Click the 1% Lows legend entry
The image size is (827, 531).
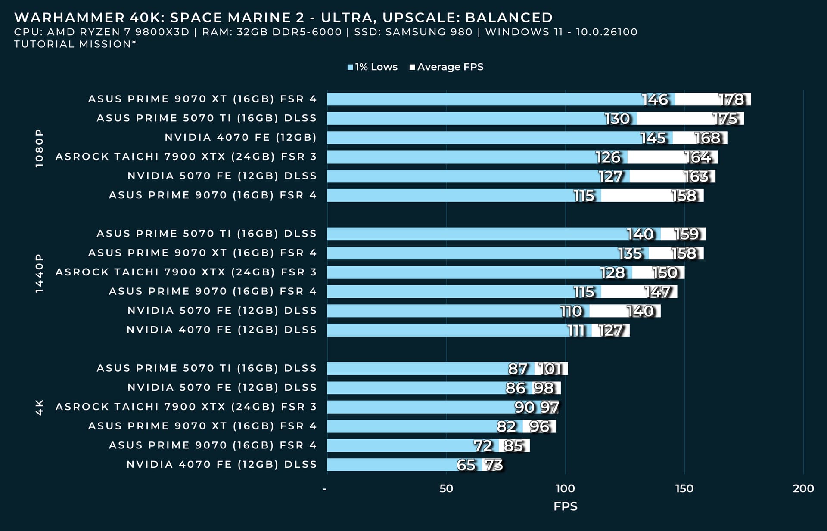click(x=373, y=67)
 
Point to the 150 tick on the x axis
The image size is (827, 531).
click(x=684, y=488)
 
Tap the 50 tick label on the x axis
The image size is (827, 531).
click(x=446, y=488)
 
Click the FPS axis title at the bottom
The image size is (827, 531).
click(x=565, y=506)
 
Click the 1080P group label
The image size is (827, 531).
click(x=39, y=148)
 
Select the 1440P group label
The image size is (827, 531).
click(x=39, y=273)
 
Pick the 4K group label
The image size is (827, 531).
click(x=39, y=407)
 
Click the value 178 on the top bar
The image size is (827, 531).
click(x=731, y=100)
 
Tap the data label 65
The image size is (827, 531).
click(x=466, y=465)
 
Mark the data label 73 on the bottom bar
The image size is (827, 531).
click(x=494, y=465)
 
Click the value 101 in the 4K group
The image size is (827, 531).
click(x=550, y=369)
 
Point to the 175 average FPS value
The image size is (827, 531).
click(x=725, y=119)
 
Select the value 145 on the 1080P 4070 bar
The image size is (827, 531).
click(x=653, y=138)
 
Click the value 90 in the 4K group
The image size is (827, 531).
click(x=524, y=407)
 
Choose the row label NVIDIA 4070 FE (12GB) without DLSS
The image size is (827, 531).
click(x=240, y=138)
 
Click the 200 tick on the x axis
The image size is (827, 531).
click(x=803, y=488)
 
